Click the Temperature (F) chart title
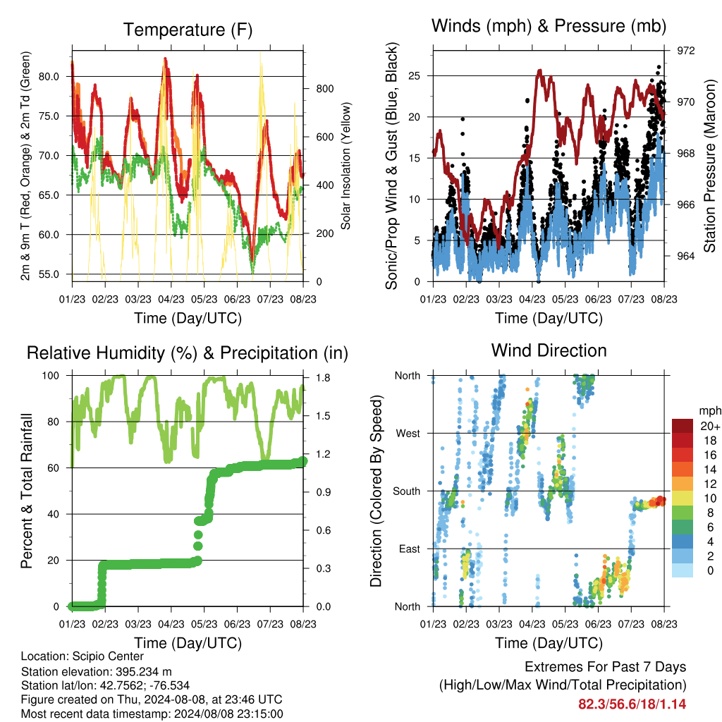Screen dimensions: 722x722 point(188,30)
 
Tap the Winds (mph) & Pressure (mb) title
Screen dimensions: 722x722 point(549,26)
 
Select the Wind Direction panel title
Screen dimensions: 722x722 point(549,350)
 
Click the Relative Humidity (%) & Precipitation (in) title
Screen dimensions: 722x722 point(188,353)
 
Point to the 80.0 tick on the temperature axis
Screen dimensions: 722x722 point(49,77)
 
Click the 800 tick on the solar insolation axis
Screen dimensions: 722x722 point(324,89)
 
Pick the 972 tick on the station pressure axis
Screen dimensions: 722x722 point(685,51)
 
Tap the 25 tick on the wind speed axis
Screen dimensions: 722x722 point(415,76)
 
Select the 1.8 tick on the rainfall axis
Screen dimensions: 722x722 point(323,378)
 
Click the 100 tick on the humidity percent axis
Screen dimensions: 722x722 point(51,376)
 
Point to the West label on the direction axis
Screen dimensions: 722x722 point(408,434)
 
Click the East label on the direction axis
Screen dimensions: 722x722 point(410,549)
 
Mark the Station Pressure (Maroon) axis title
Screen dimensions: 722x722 point(709,166)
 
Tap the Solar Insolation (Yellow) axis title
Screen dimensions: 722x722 point(345,166)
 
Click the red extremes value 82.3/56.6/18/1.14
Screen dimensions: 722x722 point(632,704)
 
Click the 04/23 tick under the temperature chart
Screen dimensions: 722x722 point(171,299)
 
